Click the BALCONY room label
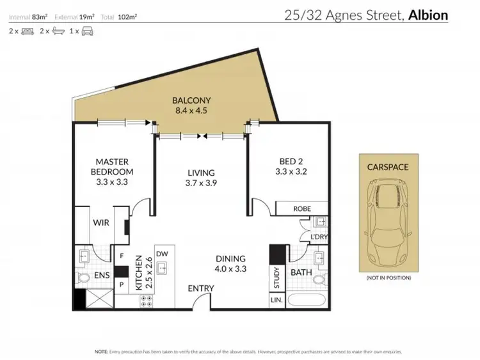tap(191, 101)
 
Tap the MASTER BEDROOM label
tap(115, 167)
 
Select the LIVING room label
tap(200, 173)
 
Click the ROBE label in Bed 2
tap(302, 208)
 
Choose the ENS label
tap(102, 276)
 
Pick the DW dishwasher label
tap(161, 253)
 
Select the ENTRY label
tap(200, 289)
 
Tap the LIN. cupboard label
tap(276, 300)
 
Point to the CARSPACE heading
tap(388, 168)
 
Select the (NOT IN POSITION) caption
tap(388, 279)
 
